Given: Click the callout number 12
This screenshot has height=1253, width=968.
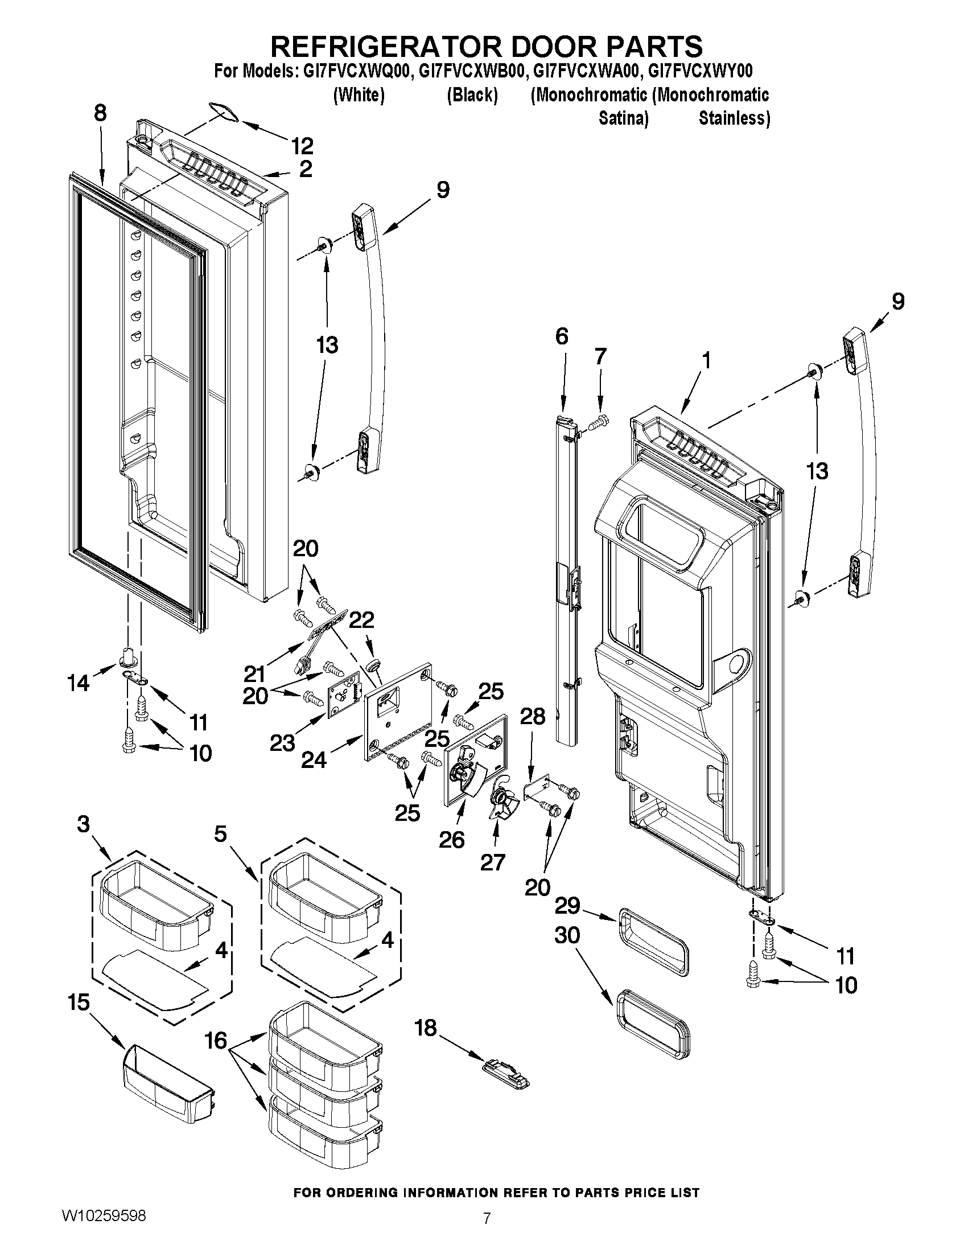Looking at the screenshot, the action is pyautogui.click(x=302, y=146).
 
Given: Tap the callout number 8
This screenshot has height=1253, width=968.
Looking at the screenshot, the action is pyautogui.click(x=100, y=113).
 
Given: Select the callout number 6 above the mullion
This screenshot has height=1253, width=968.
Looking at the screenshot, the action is pyautogui.click(x=562, y=336).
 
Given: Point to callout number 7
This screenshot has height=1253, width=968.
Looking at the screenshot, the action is pyautogui.click(x=600, y=357).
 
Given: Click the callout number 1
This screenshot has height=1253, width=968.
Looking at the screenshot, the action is pyautogui.click(x=706, y=360).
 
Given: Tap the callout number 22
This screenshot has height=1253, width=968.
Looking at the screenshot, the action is pyautogui.click(x=362, y=619).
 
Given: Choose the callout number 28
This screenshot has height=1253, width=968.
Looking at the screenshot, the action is pyautogui.click(x=532, y=716).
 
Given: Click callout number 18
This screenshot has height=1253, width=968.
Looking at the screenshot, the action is pyautogui.click(x=426, y=1028).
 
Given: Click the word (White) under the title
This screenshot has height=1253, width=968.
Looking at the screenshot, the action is pyautogui.click(x=359, y=95).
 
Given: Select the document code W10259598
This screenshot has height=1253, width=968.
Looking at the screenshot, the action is pyautogui.click(x=103, y=1215).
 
